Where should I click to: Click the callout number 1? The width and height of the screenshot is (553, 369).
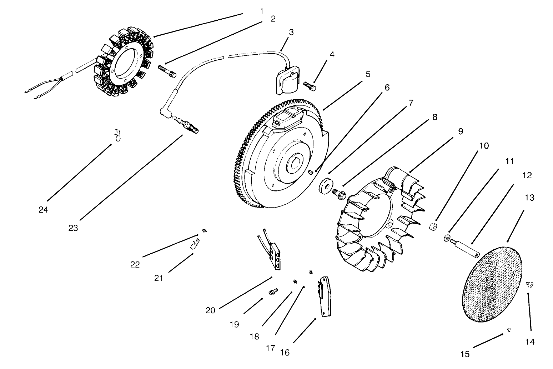[262, 11]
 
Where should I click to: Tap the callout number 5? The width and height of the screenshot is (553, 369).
[368, 74]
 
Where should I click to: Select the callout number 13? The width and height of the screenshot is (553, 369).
[529, 198]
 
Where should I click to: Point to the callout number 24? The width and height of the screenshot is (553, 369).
[43, 210]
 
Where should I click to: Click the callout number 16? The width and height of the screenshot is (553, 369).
[285, 353]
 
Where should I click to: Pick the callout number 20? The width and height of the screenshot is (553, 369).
[210, 310]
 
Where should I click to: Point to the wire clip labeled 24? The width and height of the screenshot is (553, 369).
[117, 135]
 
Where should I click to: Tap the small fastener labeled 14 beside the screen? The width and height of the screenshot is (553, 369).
[529, 284]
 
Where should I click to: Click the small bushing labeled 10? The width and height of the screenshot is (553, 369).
[434, 227]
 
